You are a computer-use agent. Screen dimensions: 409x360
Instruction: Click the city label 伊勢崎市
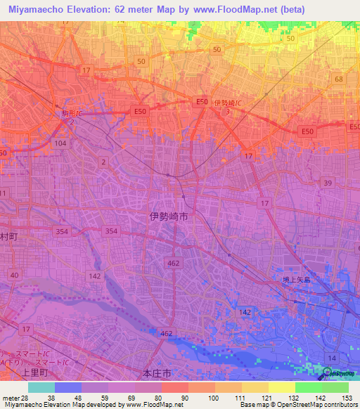pos(169,218)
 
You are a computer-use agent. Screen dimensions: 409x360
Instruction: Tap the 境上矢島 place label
pos(288,280)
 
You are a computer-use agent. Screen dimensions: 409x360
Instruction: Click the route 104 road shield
pos(60,143)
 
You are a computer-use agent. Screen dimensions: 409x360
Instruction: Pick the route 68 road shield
pos(339,79)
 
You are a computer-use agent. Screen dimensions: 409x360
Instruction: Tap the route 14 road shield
pos(330,358)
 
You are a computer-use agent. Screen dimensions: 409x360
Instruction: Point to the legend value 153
pos(347,396)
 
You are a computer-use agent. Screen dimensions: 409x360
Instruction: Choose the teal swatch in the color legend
pos(41,387)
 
